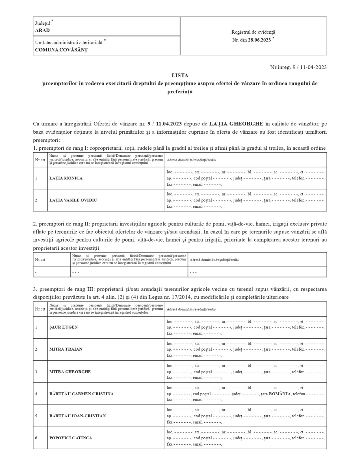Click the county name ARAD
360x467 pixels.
[x=42, y=30]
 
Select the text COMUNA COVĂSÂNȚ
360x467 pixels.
[x=61, y=50]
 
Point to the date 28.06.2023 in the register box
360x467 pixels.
[x=259, y=40]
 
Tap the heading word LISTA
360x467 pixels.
[x=180, y=75]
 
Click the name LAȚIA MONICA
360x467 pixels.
[x=66, y=178]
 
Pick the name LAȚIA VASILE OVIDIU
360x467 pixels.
[x=73, y=200]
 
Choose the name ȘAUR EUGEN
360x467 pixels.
[x=63, y=327]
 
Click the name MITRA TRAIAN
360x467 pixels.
[x=65, y=349]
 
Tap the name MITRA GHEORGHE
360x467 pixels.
[x=70, y=372]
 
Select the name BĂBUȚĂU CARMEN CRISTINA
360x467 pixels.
[x=81, y=394]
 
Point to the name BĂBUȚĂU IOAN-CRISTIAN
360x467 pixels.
[x=77, y=416]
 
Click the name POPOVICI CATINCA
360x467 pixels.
[x=71, y=438]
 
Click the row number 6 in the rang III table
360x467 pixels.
[x=36, y=438]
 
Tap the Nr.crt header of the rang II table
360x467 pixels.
[x=40, y=260]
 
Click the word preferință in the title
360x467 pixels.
[x=180, y=91]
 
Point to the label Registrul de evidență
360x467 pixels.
[x=253, y=32]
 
